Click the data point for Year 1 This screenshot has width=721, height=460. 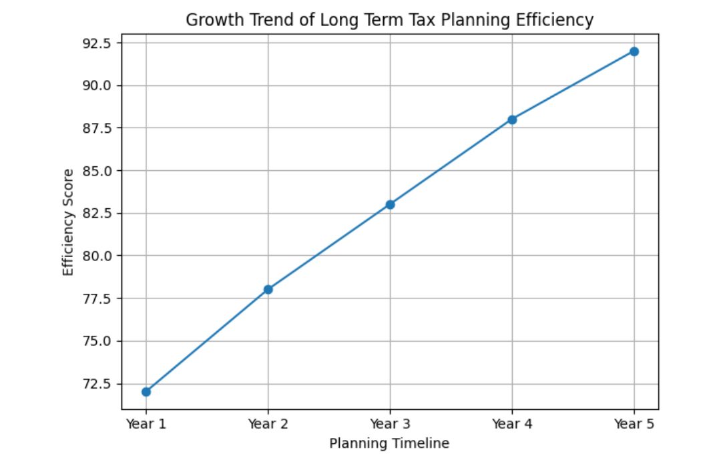146,392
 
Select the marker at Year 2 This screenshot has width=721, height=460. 268,290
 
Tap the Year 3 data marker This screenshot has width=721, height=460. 390,204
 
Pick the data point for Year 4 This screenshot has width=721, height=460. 512,120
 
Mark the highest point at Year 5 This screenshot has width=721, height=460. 634,51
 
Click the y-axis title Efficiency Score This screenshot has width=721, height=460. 68,222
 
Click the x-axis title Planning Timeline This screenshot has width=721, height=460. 389,443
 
